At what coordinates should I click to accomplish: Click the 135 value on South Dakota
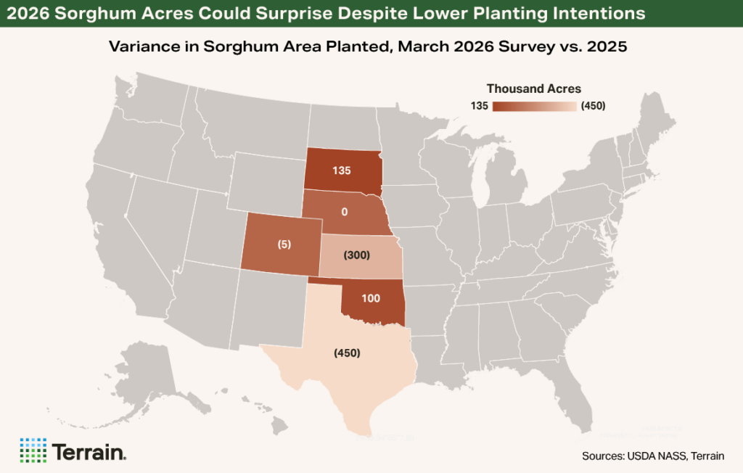[x=342, y=171]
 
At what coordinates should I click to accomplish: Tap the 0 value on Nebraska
[x=345, y=211]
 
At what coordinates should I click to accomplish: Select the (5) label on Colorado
[x=284, y=244]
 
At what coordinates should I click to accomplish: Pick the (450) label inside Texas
[x=347, y=353]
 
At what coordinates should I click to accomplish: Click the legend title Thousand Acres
[x=533, y=89]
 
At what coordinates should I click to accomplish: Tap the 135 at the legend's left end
[x=480, y=106]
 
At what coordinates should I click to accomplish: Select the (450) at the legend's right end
[x=593, y=106]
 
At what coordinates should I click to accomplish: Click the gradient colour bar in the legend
[x=535, y=106]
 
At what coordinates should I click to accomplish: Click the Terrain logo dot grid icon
[x=33, y=451]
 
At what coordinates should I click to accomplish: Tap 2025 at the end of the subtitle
[x=609, y=46]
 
